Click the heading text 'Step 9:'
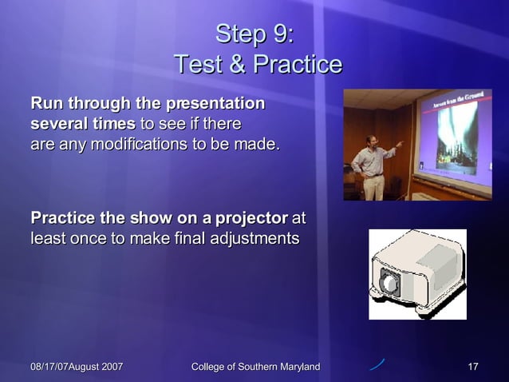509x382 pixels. coord(254,34)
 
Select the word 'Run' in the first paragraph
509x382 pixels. coord(46,104)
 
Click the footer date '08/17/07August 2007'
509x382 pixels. coord(77,367)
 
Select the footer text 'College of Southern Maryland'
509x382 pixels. coord(256,367)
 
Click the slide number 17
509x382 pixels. coord(472,367)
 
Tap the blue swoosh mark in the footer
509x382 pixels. coord(377,365)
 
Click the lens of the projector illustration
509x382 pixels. coord(389,283)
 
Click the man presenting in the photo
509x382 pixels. coord(373,164)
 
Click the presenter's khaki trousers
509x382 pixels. coord(373,187)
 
